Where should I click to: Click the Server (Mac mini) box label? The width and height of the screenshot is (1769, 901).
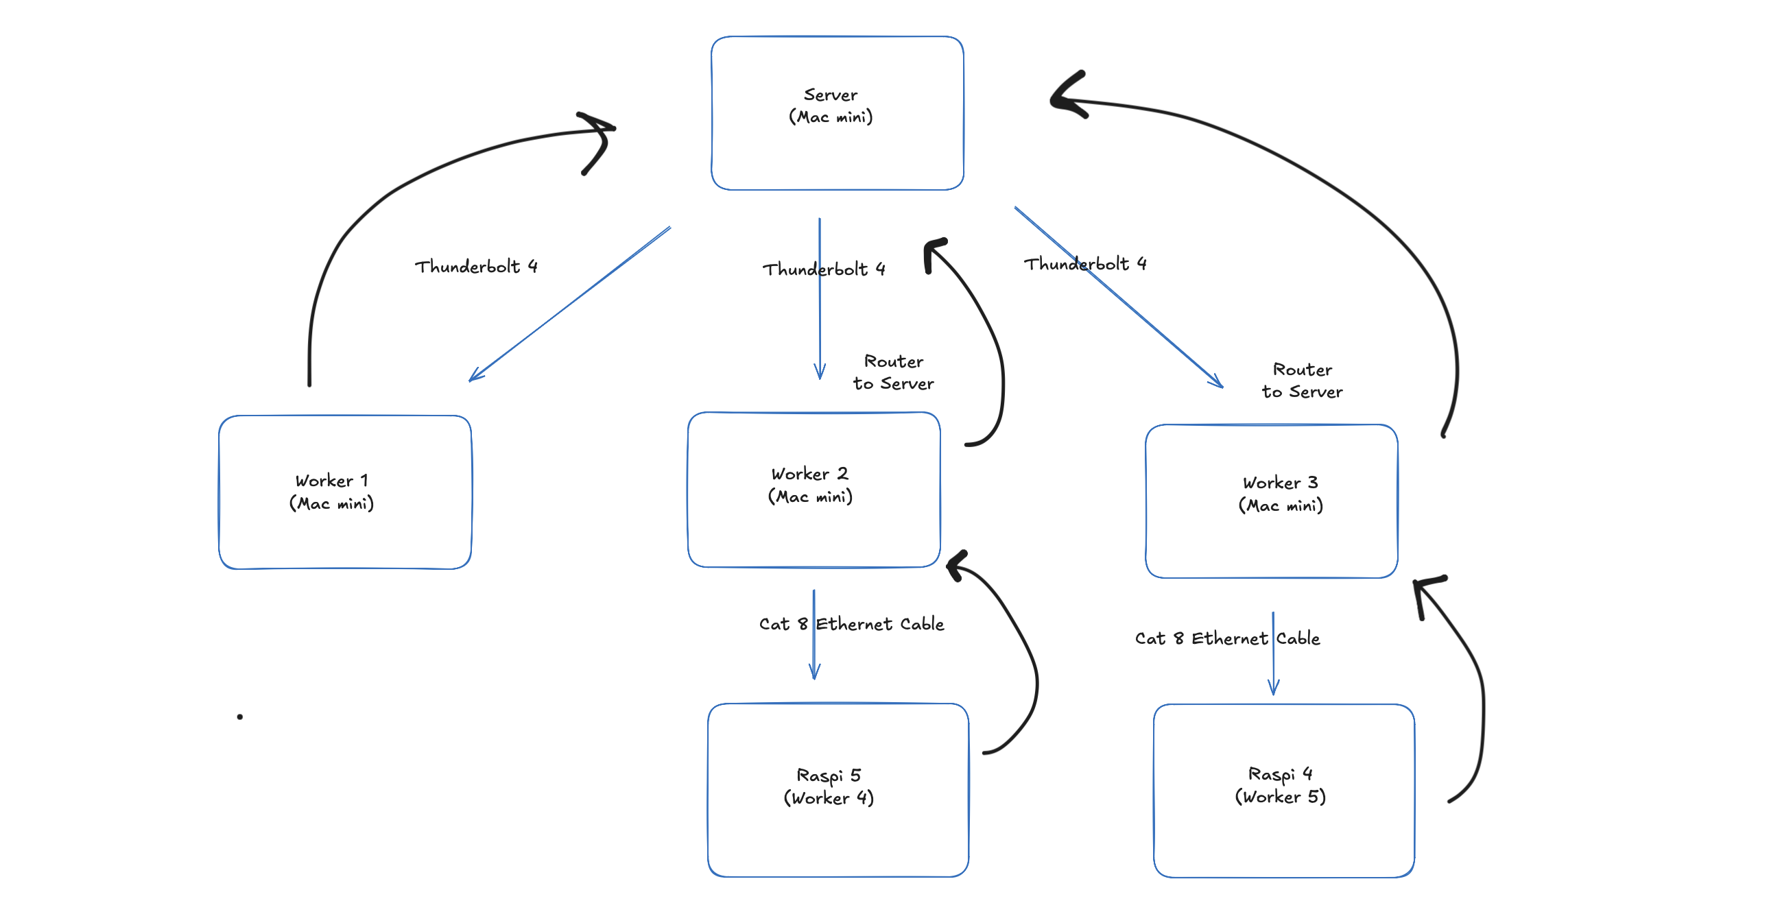tap(830, 106)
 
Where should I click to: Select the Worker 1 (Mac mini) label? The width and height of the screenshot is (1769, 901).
tap(332, 492)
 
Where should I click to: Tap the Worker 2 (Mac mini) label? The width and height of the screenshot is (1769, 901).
tap(810, 485)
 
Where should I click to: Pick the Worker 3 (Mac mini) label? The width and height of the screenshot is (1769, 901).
tap(1281, 494)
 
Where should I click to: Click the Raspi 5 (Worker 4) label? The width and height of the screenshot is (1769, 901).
tap(829, 786)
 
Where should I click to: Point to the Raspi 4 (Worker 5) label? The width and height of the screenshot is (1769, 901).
tap(1281, 785)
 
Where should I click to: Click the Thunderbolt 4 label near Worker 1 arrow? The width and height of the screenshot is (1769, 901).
tap(476, 267)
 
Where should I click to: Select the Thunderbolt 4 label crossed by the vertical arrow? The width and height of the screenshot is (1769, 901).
tap(824, 269)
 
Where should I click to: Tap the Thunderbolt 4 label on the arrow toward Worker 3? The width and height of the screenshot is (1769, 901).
tap(1085, 264)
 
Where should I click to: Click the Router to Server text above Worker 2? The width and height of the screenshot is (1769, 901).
tap(894, 372)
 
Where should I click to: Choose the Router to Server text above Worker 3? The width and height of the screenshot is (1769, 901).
tap(1302, 381)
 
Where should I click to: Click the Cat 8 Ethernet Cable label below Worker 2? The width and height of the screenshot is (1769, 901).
tap(851, 623)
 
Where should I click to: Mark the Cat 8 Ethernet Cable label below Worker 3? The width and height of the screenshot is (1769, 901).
tap(1227, 638)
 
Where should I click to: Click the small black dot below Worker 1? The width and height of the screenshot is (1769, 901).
tap(239, 717)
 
